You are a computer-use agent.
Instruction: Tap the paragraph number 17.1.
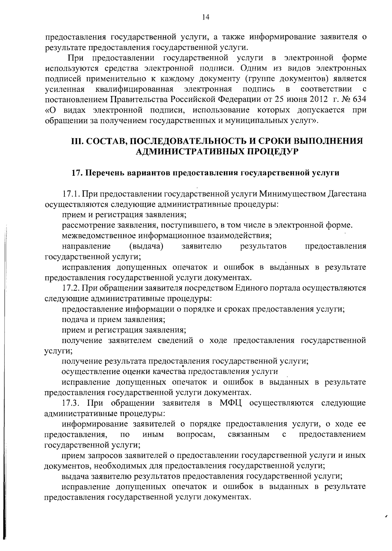pyautogui.click(x=71, y=194)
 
